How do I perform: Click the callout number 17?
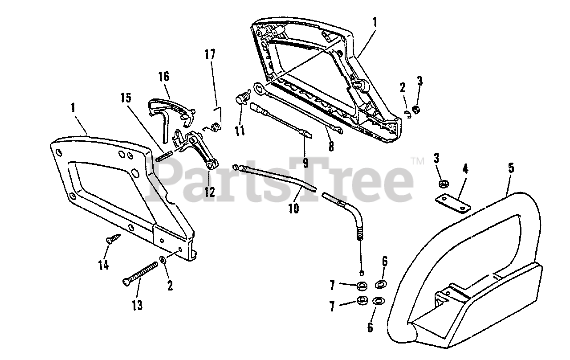pos(210,55)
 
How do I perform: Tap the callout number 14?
pos(103,265)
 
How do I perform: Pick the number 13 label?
pos(137,305)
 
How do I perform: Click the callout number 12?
pos(209,192)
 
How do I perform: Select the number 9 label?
pos(305,163)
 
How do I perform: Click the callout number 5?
pos(511,168)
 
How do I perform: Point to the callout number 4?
pos(465,169)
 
